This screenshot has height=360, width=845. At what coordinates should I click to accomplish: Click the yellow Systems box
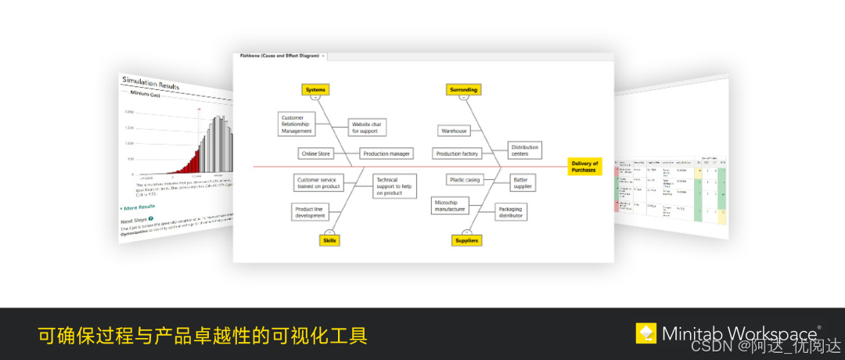pos(315,89)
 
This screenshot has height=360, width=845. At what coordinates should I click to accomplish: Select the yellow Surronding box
pos(463,89)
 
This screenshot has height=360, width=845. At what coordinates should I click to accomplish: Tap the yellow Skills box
pos(329,240)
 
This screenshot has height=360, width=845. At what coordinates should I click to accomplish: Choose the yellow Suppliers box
pos(466,240)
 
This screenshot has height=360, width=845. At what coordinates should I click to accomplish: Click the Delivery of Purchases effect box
pos(584,166)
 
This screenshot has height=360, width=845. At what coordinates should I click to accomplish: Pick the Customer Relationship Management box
pos(297,124)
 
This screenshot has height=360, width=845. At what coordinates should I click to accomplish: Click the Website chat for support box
pos(366,127)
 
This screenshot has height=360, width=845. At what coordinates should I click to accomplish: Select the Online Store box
pos(316,153)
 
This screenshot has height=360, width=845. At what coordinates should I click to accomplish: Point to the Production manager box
pos(387,153)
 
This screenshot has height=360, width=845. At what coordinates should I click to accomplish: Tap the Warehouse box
pos(454,131)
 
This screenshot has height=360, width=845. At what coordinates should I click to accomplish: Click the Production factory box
pos(457,153)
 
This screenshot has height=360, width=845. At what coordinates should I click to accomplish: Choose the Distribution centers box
pos(523,149)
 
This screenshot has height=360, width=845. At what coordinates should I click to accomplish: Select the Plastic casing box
pos(465,180)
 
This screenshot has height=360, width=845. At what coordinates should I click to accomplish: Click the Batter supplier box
pos(523,183)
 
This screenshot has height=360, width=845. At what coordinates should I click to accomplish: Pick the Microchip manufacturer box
pos(450,206)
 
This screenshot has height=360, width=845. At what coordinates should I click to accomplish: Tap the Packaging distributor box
pos(510,212)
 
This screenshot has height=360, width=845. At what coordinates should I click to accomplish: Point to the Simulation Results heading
pos(149,83)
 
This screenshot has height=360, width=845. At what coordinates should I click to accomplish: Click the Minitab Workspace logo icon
pos(646,333)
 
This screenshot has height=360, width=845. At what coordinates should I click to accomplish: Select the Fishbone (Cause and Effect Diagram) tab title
pos(279,56)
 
